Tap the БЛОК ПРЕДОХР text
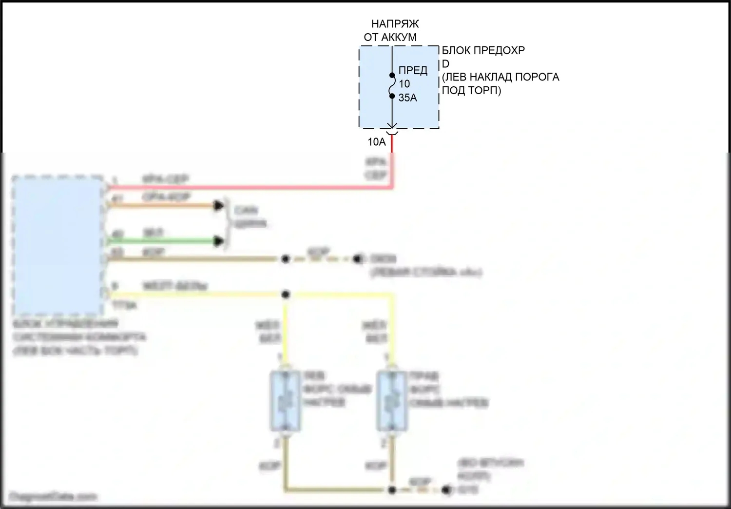[483, 50]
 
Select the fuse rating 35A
[407, 98]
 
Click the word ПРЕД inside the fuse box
[412, 70]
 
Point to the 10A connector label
[376, 142]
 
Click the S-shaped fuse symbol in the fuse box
[392, 86]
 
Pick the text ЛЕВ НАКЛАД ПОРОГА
[501, 77]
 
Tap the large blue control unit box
[58, 246]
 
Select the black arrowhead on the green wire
[220, 241]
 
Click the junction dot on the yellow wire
[286, 294]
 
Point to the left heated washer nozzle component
[285, 401]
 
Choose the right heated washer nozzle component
[391, 401]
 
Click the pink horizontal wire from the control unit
[244, 187]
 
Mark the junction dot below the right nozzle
[392, 489]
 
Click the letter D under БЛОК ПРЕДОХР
[445, 64]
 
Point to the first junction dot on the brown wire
[286, 259]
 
